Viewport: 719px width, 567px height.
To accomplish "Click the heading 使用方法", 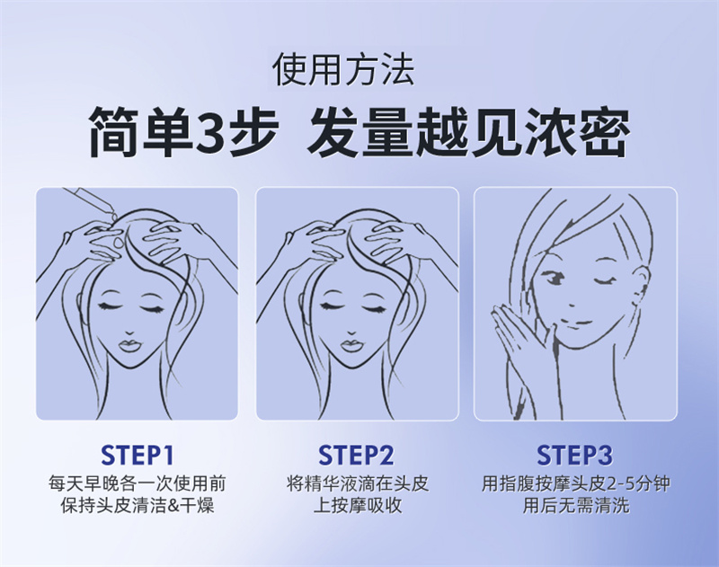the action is (x=343, y=70).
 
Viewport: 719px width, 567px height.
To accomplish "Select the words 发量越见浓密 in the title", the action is (x=468, y=131).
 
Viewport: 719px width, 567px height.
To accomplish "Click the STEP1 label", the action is (x=138, y=456).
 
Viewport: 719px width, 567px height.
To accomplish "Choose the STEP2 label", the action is (x=356, y=456).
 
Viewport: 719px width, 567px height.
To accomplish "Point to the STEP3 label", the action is (x=574, y=456).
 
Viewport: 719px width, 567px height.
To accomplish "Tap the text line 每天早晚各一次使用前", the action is (x=138, y=484).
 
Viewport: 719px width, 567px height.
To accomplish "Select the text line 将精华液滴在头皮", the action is (x=357, y=484).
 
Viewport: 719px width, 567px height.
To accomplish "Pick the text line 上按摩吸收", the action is (x=357, y=506).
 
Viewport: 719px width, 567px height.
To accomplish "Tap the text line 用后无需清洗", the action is (x=576, y=506).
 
